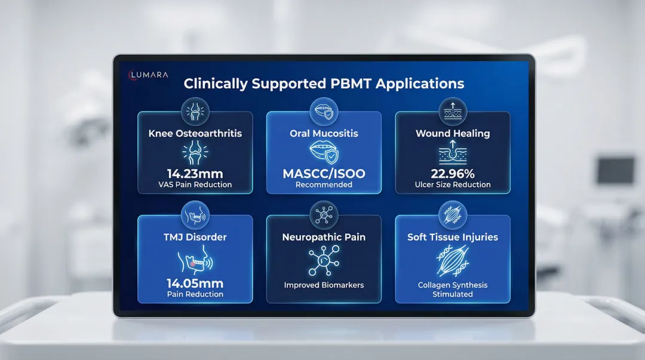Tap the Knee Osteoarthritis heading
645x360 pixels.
[x=195, y=133]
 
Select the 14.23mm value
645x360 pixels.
[x=195, y=174]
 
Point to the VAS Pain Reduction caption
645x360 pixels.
[x=195, y=184]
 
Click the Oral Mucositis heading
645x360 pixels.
[x=324, y=133]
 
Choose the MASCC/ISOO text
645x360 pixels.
[x=324, y=174]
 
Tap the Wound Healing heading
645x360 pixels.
[x=453, y=133]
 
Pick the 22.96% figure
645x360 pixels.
[x=453, y=174]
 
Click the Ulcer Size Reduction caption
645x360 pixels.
[x=453, y=184]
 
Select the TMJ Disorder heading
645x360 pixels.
[x=195, y=237]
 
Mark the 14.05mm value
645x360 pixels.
[x=195, y=284]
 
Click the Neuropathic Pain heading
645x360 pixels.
[x=324, y=237]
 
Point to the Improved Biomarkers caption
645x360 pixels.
[x=324, y=285]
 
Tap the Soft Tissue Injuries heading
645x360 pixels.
[x=453, y=237]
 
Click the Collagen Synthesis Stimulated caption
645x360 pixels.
[x=453, y=290]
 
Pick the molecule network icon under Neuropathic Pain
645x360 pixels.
[x=324, y=260]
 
